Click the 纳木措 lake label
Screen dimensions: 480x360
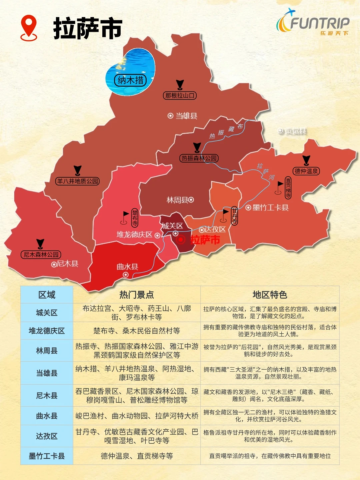[x=131, y=80]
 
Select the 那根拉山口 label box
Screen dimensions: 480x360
[x=180, y=96]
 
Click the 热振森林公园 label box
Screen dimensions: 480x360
[x=199, y=158]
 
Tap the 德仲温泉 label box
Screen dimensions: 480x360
[x=306, y=171]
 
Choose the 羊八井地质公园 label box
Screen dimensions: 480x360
[x=77, y=181]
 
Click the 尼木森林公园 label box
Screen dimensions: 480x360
[x=41, y=255]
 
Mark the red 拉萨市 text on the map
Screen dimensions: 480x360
[x=205, y=240]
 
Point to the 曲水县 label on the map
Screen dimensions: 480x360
[x=127, y=267]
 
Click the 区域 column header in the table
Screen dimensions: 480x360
[x=47, y=295]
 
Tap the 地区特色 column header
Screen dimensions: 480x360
[x=270, y=295]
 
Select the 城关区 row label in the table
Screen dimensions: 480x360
[x=47, y=313]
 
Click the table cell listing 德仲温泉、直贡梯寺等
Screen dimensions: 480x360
[x=137, y=456]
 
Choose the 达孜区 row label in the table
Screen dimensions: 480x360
[x=47, y=436]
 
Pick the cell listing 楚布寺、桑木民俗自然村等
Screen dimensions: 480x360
[x=137, y=331]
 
